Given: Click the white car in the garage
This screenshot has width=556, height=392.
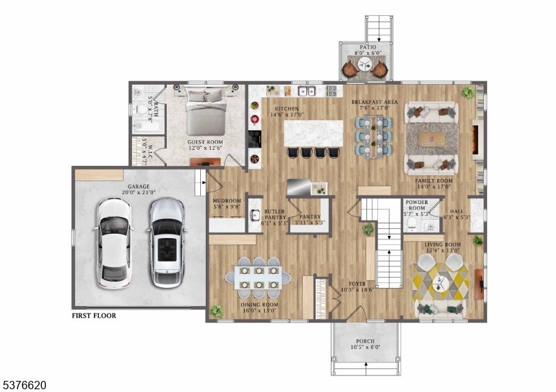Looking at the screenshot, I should [x=114, y=243].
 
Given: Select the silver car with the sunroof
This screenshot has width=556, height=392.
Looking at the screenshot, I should [x=165, y=243].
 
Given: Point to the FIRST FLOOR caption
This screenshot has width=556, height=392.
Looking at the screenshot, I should [x=94, y=316].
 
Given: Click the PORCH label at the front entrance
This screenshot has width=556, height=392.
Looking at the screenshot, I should [x=365, y=341].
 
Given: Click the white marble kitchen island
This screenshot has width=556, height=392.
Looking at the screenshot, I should [x=313, y=133].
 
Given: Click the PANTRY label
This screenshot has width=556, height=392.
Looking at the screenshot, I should [x=310, y=216].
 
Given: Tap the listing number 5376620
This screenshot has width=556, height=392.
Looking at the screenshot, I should [x=24, y=384].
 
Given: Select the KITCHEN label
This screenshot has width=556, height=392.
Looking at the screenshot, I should [x=286, y=110].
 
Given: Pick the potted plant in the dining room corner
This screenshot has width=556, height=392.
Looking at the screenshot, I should [x=217, y=311].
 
